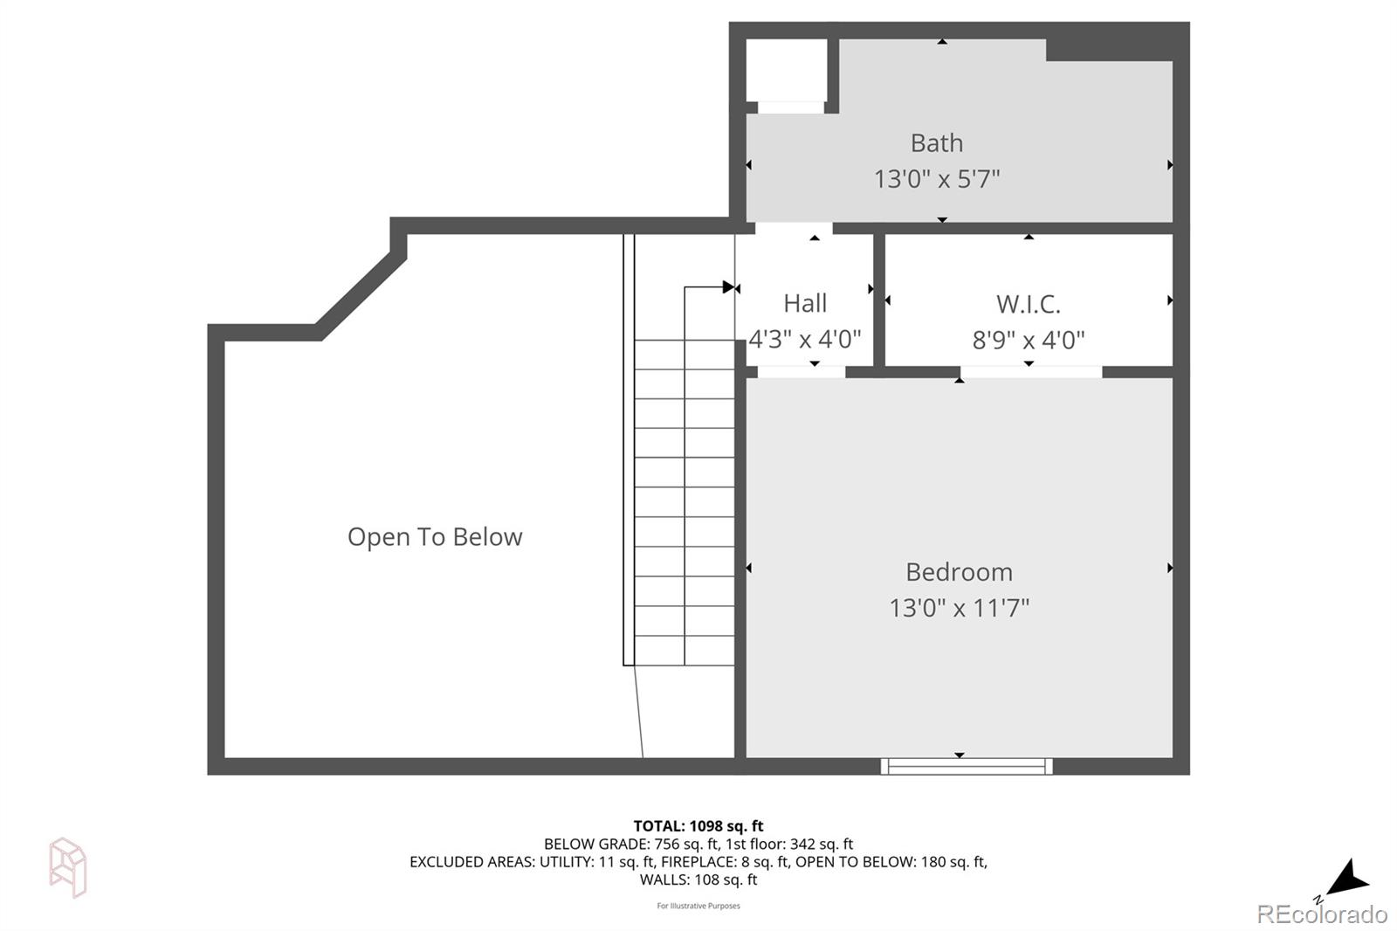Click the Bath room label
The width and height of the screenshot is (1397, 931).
point(936,142)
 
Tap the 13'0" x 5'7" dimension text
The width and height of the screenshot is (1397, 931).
point(936,179)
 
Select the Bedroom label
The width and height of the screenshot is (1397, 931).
point(959,572)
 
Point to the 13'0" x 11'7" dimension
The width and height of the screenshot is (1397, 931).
point(959,608)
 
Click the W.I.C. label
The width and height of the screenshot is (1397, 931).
point(1028,304)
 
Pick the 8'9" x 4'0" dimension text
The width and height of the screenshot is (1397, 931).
point(1028,340)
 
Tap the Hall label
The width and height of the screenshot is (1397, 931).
point(804,303)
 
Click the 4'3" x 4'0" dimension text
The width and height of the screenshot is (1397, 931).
point(804,339)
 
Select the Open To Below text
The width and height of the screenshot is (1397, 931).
point(435,536)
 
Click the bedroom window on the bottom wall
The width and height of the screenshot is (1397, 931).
point(966,766)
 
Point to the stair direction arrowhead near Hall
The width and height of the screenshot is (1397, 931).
point(729,287)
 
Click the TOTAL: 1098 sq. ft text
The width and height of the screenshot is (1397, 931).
point(698,825)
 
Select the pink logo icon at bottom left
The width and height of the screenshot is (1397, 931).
point(68,866)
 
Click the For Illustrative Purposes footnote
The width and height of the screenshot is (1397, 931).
point(698,906)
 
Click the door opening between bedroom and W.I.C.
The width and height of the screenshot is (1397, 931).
point(1030,372)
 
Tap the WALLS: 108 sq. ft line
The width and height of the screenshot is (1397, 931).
point(698,879)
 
